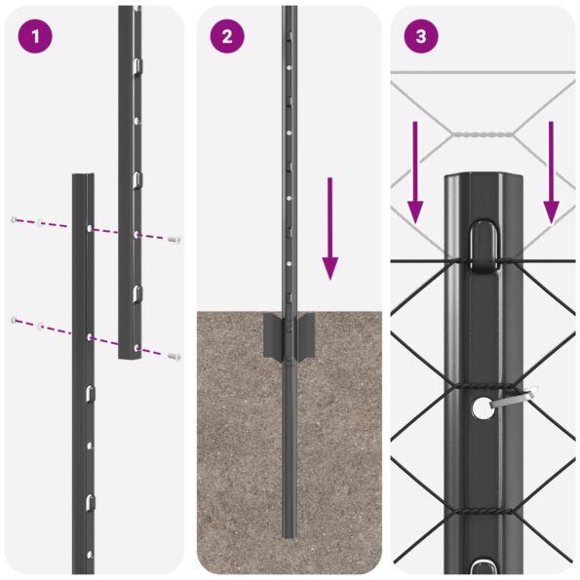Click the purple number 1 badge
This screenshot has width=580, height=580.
coord(35,37)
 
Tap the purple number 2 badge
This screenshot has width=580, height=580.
coord(227,37)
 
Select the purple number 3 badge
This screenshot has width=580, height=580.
coord(420,37)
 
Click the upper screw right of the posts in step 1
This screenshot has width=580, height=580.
coord(174,238)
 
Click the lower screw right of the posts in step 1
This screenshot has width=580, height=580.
coord(174,357)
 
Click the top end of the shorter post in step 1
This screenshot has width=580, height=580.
coord(83,178)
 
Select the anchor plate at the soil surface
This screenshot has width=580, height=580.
coord(289,337)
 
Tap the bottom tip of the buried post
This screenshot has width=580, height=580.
coord(290,533)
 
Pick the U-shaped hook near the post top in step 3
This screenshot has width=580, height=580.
coord(483,245)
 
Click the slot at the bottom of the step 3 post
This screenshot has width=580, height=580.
coord(483,567)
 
